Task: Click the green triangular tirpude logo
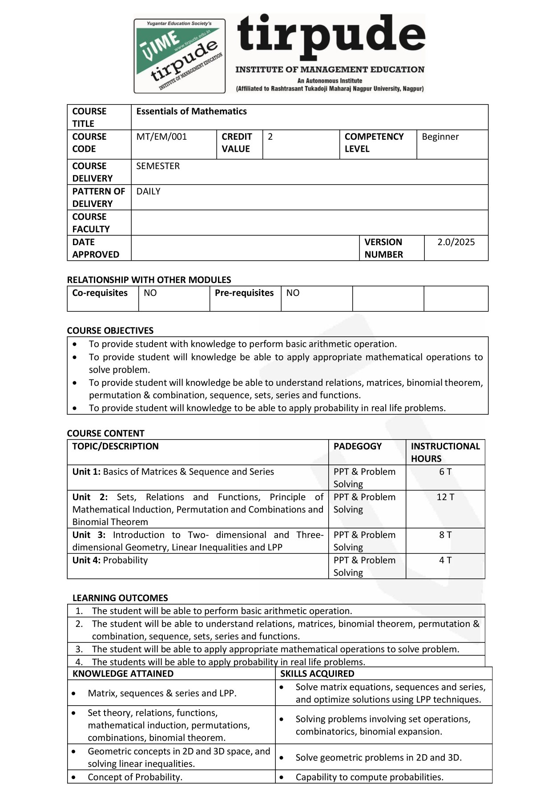[179, 56]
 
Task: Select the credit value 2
[270, 137]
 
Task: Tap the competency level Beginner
[440, 137]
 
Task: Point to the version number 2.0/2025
[456, 242]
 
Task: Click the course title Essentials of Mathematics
[191, 111]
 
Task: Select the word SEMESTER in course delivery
[158, 166]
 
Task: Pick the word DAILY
[148, 191]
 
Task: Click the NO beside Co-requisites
[150, 293]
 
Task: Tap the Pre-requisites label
[244, 293]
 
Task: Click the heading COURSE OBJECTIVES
[110, 331]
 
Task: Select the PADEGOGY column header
[358, 446]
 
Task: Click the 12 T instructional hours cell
[445, 497]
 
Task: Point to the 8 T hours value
[445, 535]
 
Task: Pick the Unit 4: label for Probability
[86, 560]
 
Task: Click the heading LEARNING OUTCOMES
[120, 598]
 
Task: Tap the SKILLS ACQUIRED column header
[317, 674]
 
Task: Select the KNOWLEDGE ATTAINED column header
[123, 674]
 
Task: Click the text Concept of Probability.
[135, 777]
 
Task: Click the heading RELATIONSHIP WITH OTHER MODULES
[149, 280]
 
